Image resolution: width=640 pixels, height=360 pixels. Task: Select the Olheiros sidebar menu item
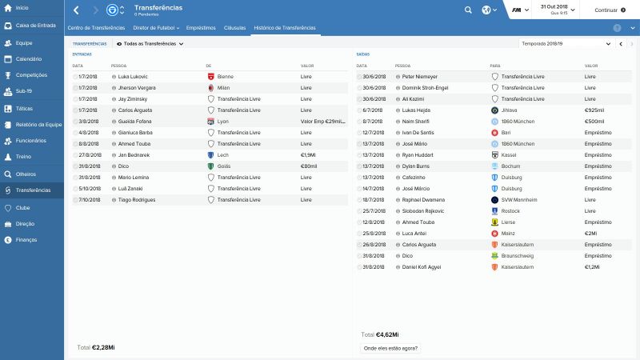pos(26,174)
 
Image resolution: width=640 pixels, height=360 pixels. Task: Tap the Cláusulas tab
pos(235,27)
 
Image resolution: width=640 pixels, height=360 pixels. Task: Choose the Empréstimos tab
pos(201,27)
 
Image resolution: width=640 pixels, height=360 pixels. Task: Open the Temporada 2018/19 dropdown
pos(566,43)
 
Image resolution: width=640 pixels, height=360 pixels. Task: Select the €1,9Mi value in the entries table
pos(309,154)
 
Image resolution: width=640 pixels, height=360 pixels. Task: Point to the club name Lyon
pos(223,121)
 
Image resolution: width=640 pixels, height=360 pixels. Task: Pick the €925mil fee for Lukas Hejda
pos(594,110)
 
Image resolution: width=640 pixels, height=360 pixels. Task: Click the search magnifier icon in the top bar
pos(468,10)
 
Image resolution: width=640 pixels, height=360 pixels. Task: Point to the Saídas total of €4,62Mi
pos(387,334)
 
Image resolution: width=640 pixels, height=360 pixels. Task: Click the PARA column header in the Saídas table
pos(495,66)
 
